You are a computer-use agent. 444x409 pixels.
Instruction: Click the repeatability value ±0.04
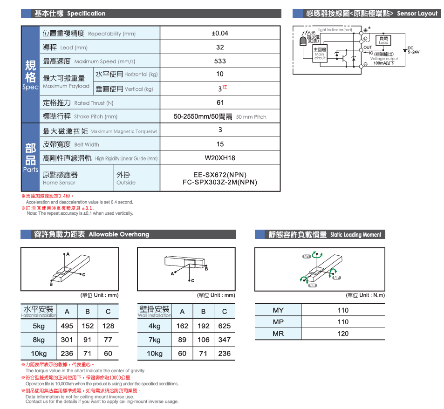click(x=220, y=34)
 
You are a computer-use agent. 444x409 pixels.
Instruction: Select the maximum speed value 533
click(x=220, y=61)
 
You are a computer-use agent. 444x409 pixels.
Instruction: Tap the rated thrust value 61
click(x=220, y=102)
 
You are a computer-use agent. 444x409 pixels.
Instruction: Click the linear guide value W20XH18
click(x=220, y=158)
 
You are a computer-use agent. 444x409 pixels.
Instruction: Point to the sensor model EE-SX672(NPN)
click(x=220, y=175)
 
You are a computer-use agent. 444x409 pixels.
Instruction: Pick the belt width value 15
click(x=220, y=144)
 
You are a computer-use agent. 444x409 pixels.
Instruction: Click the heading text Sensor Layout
click(x=417, y=14)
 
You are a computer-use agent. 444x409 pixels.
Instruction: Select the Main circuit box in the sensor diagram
click(x=320, y=54)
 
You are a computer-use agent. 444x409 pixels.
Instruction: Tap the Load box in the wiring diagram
click(x=383, y=40)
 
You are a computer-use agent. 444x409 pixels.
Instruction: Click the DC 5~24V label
click(x=413, y=50)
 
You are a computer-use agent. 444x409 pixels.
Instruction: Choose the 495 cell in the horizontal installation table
click(x=67, y=326)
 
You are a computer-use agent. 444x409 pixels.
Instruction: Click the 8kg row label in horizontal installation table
click(x=39, y=340)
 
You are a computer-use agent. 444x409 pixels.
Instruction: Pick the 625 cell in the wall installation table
click(x=224, y=326)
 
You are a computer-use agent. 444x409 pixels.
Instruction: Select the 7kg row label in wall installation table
click(x=155, y=340)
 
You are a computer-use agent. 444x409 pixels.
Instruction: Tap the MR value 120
click(x=343, y=334)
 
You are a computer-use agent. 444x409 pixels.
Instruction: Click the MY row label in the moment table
click(x=278, y=310)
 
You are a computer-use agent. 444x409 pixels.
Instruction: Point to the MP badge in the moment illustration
click(x=337, y=278)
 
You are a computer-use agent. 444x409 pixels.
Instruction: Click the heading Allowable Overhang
click(x=119, y=234)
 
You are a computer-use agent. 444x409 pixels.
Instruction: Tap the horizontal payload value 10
click(x=220, y=74)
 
